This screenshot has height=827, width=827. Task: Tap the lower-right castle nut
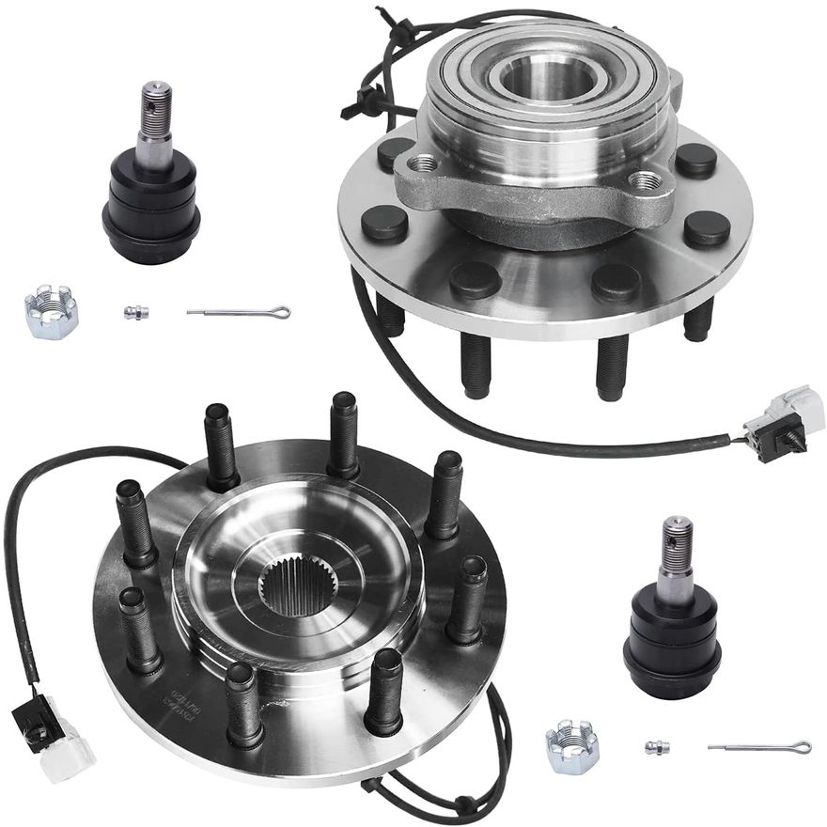point(572,746)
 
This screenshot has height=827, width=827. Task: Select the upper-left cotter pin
point(239,312)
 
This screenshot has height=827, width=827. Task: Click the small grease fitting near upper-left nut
point(136,312)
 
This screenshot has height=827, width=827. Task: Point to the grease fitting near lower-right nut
point(657,747)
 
